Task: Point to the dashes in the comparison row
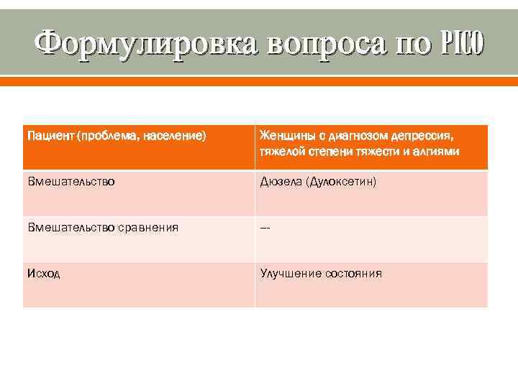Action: click(265, 228)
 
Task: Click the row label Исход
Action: click(44, 274)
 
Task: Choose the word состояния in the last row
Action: click(353, 274)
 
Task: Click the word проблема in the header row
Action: click(109, 136)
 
